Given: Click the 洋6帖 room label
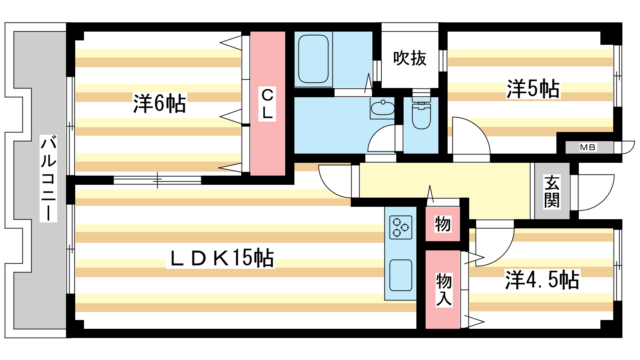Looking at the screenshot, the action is [160, 103].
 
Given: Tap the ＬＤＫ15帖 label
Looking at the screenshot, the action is [221, 258].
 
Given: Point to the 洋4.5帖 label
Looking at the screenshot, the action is [542, 280].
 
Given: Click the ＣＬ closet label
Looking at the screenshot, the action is [267, 104].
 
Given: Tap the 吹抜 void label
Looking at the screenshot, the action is [410, 58].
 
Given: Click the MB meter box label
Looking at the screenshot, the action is [588, 148].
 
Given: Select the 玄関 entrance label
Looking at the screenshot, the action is [552, 192].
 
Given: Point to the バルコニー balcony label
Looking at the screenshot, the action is [48, 178].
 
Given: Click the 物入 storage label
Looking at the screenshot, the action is [444, 290].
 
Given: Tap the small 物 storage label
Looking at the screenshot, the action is [443, 224].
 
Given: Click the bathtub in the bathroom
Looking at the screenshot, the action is [313, 59].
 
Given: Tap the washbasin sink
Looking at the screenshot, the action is [382, 108].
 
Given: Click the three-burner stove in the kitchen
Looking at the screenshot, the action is [400, 227].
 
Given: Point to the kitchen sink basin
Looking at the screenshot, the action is [400, 275].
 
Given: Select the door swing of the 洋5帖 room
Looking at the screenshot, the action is [480, 128].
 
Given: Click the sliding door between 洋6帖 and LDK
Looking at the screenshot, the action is [158, 180].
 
